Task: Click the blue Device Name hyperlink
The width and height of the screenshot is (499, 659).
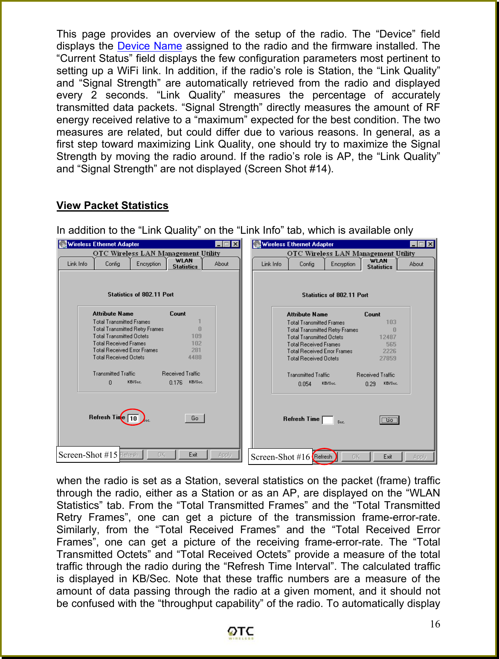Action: [x=149, y=46]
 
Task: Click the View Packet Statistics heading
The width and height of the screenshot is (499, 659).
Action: [x=112, y=206]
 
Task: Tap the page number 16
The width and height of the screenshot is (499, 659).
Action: [x=435, y=624]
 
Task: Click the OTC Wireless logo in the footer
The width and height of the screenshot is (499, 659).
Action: [x=241, y=633]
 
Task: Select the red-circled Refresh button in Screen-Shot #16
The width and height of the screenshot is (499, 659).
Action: [x=323, y=456]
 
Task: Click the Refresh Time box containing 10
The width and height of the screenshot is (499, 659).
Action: [x=133, y=418]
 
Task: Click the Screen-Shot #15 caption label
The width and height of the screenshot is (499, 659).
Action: [x=88, y=455]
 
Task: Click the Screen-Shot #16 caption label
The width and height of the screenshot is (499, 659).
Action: [x=280, y=457]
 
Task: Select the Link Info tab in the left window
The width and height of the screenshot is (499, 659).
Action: [x=77, y=264]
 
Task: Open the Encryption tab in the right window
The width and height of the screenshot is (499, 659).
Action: [x=343, y=264]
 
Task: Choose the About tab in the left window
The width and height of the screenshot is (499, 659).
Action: [x=221, y=264]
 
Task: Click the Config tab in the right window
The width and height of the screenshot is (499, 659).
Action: [x=307, y=264]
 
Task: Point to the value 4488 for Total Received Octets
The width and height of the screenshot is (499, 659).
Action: [x=195, y=357]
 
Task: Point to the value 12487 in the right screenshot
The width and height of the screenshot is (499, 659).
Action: [x=388, y=337]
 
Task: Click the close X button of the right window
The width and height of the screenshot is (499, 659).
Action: [x=430, y=244]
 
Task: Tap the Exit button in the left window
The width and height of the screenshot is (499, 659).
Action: [x=193, y=455]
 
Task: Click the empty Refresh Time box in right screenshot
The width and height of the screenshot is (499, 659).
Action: [x=328, y=420]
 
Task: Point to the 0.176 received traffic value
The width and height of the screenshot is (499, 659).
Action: [x=176, y=383]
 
